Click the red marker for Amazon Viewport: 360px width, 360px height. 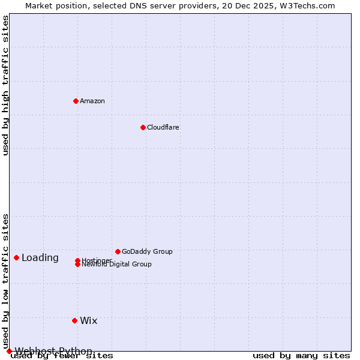[76, 101]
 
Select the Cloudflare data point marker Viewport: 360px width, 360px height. [143, 127]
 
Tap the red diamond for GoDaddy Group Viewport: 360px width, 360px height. [118, 251]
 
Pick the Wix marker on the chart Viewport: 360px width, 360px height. [74, 320]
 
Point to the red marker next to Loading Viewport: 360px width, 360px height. [16, 257]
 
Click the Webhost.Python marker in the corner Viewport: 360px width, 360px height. [9, 351]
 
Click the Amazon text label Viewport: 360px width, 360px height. [92, 101]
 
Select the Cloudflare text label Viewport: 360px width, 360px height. [163, 127]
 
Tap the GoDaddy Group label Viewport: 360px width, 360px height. [147, 251]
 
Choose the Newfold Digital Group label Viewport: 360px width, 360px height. [117, 265]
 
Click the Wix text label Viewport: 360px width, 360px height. [89, 320]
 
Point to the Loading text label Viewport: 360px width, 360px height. [40, 258]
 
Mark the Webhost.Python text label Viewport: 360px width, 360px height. [53, 351]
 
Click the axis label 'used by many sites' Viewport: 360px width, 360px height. [301, 356]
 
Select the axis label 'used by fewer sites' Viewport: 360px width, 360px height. [62, 356]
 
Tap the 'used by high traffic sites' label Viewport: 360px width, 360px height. [5, 85]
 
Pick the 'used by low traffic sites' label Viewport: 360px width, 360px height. [5, 281]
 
